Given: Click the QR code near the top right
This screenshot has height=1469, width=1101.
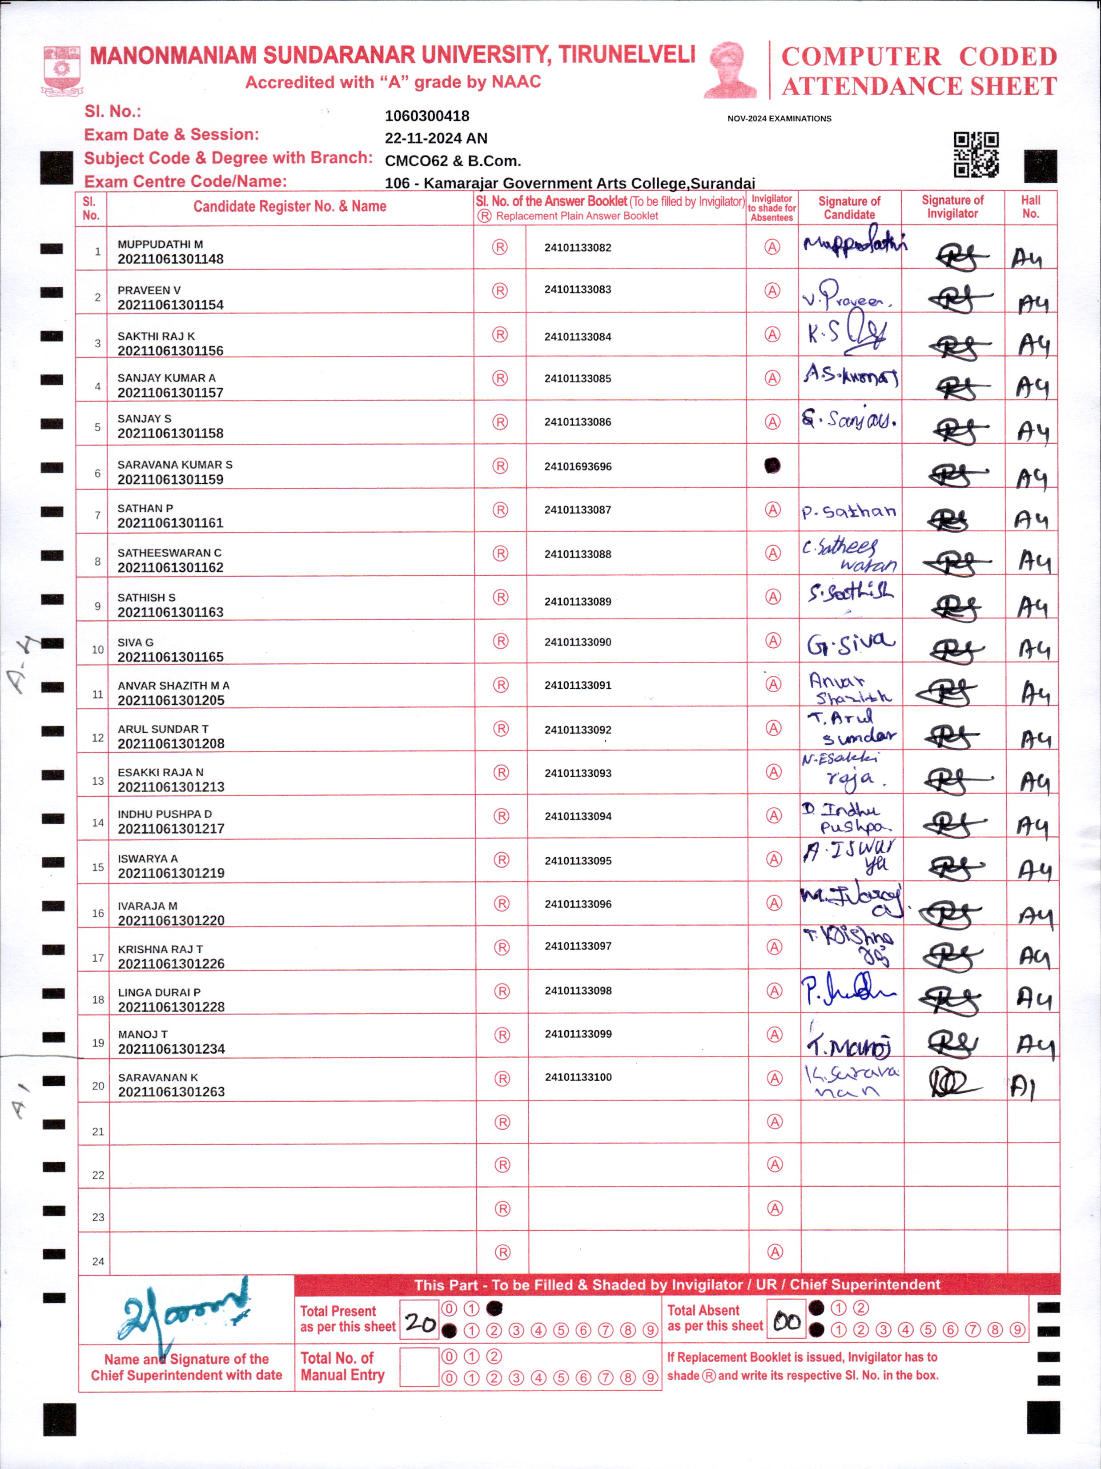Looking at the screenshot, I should click(x=976, y=154).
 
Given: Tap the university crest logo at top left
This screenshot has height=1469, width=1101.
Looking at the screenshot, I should click(x=62, y=70).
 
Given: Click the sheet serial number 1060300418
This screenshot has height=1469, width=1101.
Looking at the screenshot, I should click(x=427, y=116).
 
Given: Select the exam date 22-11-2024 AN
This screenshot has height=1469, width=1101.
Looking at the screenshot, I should click(x=436, y=138).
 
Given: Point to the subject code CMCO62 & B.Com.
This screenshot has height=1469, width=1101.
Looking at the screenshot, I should click(x=452, y=161).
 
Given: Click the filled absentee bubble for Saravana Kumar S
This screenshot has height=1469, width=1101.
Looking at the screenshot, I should click(x=772, y=466).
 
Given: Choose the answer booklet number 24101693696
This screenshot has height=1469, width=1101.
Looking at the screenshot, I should click(x=578, y=466).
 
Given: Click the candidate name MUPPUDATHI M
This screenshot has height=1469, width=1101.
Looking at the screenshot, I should click(x=160, y=245).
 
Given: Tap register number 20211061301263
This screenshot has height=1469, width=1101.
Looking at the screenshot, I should click(x=171, y=1092).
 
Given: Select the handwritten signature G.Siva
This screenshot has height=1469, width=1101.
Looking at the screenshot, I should click(x=850, y=643).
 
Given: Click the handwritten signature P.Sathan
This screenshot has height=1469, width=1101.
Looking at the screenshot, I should click(x=849, y=511).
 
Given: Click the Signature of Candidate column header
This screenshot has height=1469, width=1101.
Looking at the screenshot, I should click(x=849, y=207).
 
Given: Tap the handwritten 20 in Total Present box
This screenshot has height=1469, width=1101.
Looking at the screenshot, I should click(x=420, y=1323).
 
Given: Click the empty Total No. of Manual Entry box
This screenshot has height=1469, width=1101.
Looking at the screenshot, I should click(x=419, y=1367).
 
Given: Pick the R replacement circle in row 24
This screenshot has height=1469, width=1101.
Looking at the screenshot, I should click(x=502, y=1252).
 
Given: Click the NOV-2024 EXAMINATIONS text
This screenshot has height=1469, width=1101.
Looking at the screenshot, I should click(x=779, y=119).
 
